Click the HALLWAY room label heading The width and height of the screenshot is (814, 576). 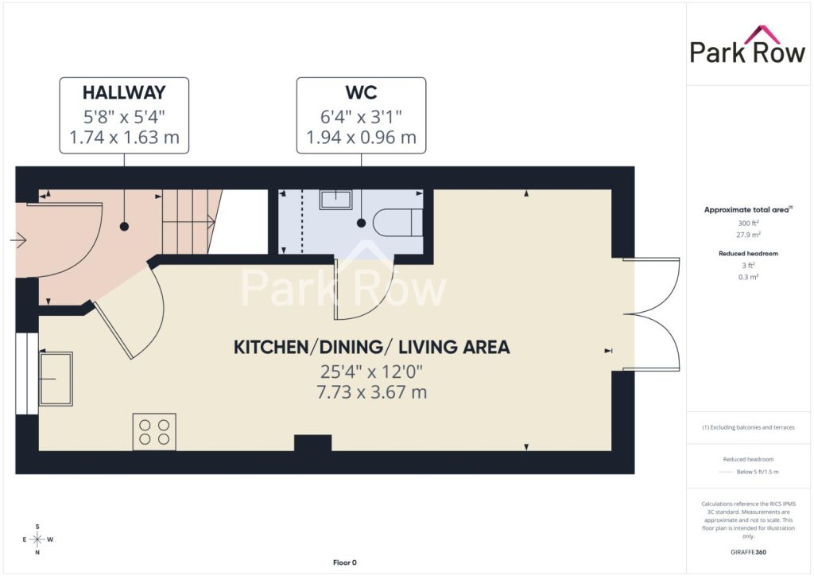[x=124, y=92]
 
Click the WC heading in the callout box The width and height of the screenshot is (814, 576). [x=361, y=92]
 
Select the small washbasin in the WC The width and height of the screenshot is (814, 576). [x=335, y=200]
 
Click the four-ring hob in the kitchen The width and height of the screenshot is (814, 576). [x=154, y=432]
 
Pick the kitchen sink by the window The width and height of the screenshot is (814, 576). [x=56, y=379]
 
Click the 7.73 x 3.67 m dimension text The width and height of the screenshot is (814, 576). [x=372, y=392]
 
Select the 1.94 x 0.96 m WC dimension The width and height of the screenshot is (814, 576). [x=361, y=138]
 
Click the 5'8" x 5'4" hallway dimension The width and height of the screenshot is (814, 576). [x=124, y=116]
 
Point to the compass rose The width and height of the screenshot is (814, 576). [x=37, y=539]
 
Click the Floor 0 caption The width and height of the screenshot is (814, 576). [x=345, y=562]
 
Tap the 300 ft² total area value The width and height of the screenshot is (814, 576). [x=748, y=223]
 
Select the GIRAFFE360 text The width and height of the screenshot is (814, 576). [x=748, y=552]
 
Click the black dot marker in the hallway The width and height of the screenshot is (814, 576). [x=124, y=227]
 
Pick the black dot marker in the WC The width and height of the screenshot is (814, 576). [x=362, y=223]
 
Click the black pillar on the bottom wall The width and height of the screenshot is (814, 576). [x=313, y=443]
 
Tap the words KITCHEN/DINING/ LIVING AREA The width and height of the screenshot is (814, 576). [x=372, y=347]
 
